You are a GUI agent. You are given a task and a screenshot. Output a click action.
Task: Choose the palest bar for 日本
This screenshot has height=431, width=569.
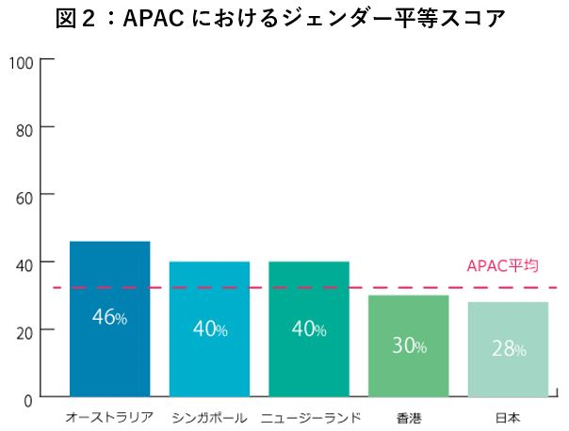(508, 376)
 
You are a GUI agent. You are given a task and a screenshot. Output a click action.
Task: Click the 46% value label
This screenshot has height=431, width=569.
(109, 317)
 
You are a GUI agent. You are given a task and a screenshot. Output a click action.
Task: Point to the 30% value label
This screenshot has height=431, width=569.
(409, 345)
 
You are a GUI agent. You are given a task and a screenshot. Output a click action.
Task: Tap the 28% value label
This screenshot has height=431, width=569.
(509, 348)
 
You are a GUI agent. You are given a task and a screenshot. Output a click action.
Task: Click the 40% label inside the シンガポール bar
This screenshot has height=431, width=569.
(209, 328)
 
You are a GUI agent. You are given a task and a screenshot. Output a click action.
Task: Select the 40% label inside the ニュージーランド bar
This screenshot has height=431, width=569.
(309, 328)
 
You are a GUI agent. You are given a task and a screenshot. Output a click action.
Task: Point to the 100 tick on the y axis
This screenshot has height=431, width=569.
(22, 63)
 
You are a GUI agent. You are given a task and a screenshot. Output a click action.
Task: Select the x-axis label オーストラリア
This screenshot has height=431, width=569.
(109, 416)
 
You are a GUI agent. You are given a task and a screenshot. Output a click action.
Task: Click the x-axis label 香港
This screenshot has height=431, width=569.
(409, 416)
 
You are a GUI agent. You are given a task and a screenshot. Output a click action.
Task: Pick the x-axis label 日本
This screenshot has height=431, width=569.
(508, 416)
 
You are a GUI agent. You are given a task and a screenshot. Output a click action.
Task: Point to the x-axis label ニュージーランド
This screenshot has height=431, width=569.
(309, 416)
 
